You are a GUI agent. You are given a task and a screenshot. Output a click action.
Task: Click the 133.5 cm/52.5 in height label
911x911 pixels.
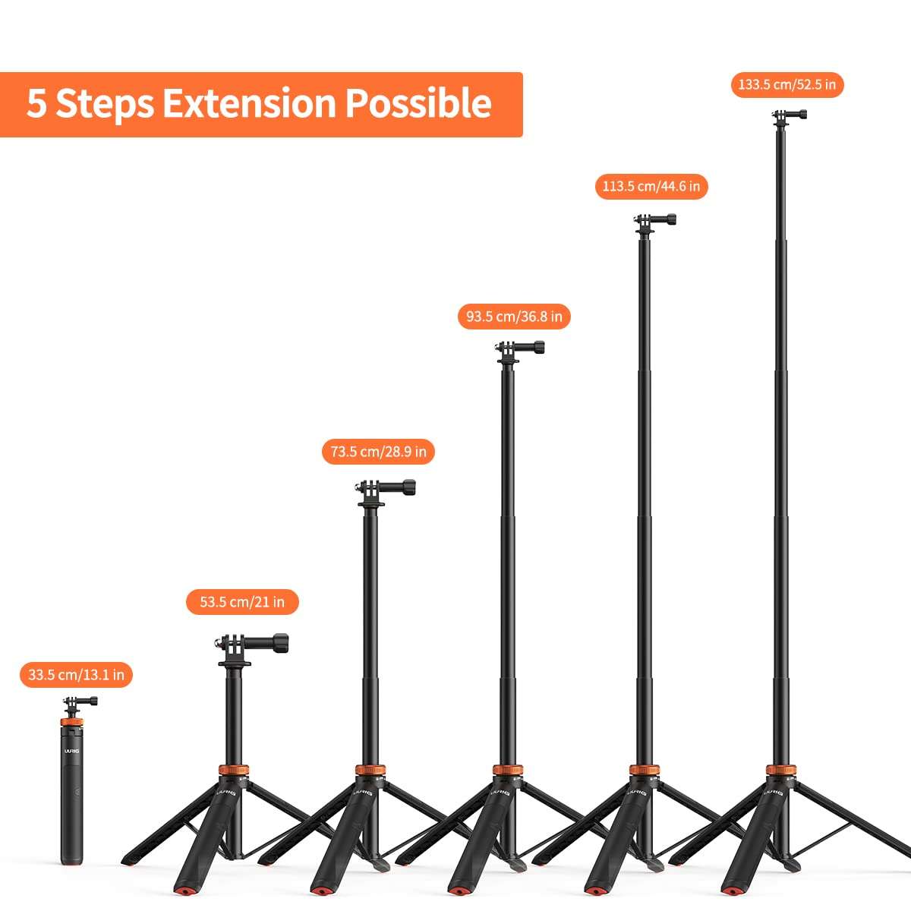(x=786, y=84)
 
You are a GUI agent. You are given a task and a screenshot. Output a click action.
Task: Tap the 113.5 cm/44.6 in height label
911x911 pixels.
(x=651, y=186)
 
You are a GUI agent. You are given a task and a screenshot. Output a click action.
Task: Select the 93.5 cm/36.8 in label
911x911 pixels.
(x=514, y=316)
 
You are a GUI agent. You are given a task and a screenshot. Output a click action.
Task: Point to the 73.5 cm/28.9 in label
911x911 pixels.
(x=378, y=452)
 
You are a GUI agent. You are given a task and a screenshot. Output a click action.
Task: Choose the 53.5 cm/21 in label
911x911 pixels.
(x=242, y=602)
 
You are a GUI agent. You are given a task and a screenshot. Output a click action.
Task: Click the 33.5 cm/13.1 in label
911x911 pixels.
(x=76, y=674)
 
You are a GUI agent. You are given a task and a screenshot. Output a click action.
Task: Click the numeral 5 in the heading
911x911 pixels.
(x=36, y=104)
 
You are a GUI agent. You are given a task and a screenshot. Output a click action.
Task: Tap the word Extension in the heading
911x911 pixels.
(x=250, y=104)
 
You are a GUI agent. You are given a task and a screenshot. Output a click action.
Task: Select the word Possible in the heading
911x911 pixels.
(x=418, y=104)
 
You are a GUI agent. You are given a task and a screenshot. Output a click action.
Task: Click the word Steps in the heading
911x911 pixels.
(x=105, y=104)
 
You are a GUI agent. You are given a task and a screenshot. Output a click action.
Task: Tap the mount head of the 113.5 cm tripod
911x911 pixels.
(x=652, y=221)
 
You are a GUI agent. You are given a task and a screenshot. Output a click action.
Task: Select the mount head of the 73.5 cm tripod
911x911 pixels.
(x=383, y=488)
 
